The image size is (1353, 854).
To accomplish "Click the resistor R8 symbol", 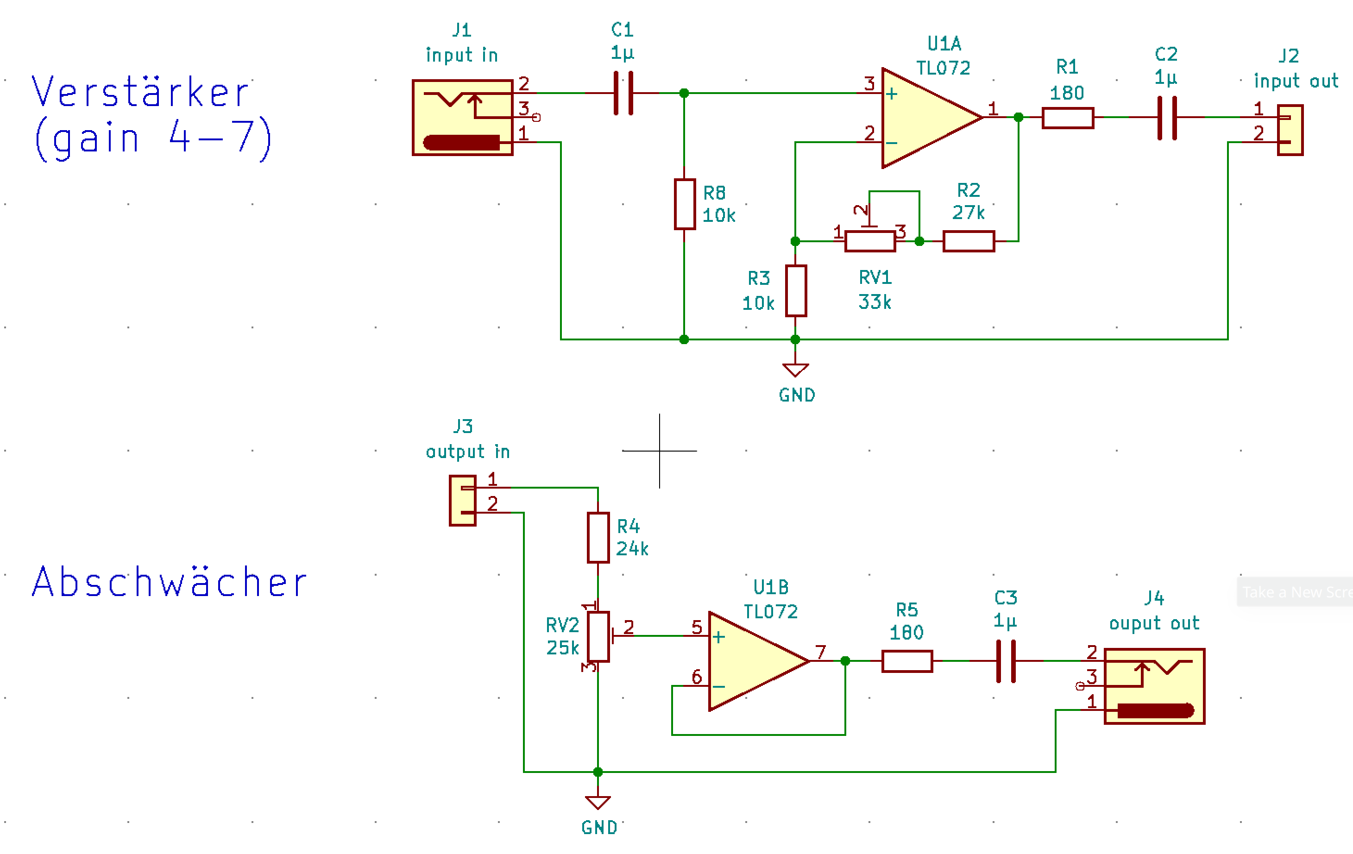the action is pos(684,204).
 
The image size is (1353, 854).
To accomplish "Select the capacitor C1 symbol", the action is pos(623,93).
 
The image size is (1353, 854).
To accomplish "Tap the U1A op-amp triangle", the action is pos(931,118).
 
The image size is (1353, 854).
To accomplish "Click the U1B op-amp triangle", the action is pos(759,661).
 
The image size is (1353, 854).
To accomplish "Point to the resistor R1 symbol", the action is pos(1068,118).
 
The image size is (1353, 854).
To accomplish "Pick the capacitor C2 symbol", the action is pos(1167,118).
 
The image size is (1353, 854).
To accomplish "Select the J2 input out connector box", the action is pos(1290,130).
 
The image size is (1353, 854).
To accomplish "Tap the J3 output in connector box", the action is pos(462,501).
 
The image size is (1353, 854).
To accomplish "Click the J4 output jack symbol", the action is pos(1155,686).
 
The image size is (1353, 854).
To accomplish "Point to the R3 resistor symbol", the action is pos(796,290).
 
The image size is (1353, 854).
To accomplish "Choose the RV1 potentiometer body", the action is pos(870,241).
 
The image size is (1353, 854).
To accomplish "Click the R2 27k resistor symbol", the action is pos(969,241).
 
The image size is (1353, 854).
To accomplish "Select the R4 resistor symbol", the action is pos(598,537).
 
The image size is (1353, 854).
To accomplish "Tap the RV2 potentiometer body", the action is pos(598,637).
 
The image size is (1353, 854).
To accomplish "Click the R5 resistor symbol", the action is pos(907,661).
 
